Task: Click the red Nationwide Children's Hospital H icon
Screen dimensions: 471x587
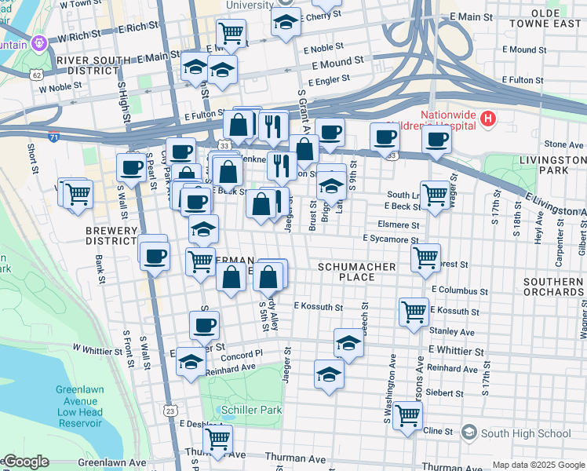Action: coord(489,120)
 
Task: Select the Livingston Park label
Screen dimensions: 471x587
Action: coord(552,165)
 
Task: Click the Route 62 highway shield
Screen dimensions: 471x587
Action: coord(38,75)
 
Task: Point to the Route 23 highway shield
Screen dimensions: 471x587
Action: coord(170,410)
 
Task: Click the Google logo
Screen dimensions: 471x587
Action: coord(25,462)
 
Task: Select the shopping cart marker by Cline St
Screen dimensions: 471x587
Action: coord(408,416)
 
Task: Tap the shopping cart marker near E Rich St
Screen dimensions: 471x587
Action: coord(232,32)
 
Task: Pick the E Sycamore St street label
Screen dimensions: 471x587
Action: coord(389,239)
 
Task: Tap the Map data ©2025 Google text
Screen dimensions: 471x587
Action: coord(537,465)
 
